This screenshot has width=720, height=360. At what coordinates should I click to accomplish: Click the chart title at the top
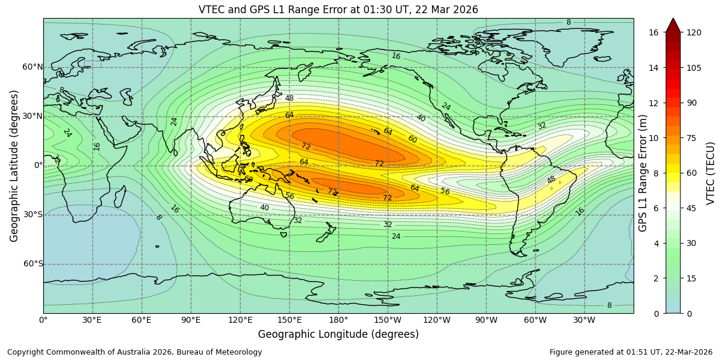338,10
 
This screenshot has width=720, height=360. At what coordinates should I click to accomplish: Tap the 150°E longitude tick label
289,320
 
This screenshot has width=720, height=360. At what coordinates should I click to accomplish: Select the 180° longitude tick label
338,320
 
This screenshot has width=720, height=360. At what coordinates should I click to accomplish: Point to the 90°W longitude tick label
486,320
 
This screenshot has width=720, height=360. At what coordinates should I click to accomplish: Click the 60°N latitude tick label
32,67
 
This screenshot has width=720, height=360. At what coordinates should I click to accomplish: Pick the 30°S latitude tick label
32,215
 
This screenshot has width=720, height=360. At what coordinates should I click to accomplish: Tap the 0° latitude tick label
37,166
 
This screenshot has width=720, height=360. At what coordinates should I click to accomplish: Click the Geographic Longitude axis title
338,335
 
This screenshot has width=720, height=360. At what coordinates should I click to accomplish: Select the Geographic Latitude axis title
14,166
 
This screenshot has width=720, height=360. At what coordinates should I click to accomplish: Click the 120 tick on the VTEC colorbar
694,32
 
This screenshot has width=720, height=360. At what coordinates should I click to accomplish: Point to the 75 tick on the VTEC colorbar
694,137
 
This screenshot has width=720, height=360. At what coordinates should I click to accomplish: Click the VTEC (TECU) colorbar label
711,173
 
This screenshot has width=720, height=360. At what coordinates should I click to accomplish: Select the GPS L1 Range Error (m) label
643,173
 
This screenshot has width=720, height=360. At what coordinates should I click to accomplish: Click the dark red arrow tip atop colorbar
673,25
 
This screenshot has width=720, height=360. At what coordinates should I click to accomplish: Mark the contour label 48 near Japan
289,98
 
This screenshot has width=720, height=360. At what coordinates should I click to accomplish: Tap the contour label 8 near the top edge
568,22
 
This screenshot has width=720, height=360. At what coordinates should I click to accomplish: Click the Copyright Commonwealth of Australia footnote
134,352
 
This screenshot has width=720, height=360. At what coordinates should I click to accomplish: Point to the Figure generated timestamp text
631,352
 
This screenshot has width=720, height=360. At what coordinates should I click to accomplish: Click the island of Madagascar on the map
119,197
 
